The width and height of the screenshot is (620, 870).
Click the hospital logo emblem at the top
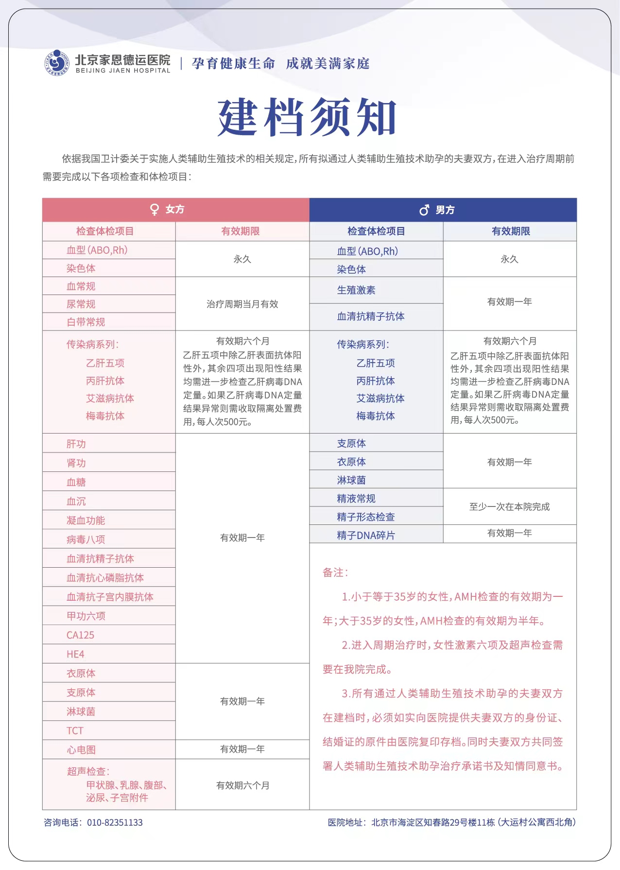[x=57, y=63]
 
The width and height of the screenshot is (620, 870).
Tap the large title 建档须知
[x=307, y=117]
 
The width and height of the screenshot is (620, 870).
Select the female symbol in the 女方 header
[x=155, y=209]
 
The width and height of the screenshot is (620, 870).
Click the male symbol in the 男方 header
[x=424, y=210]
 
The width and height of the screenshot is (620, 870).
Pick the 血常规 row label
[x=81, y=286]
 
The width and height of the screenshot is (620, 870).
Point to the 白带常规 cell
[x=86, y=322]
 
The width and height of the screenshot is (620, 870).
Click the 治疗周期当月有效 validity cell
[x=242, y=304]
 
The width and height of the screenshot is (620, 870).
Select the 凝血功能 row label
[x=86, y=520]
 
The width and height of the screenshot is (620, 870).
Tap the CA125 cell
[x=81, y=635]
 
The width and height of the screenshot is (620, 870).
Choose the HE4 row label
[x=75, y=654]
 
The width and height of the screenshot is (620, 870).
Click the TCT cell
[x=75, y=731]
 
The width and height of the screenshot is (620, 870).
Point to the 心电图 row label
[x=81, y=750]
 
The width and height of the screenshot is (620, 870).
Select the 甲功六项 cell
[x=86, y=616]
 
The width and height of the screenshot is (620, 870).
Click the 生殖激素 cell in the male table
[x=356, y=290]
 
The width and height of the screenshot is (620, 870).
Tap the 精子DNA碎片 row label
[x=366, y=535]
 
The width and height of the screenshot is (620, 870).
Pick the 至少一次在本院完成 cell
[x=509, y=506]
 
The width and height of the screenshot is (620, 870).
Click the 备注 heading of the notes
[x=335, y=573]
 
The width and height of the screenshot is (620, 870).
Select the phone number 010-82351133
[x=115, y=822]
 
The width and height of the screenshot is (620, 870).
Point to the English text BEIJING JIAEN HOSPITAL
[x=123, y=70]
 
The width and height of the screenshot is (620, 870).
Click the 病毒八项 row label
[x=86, y=539]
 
